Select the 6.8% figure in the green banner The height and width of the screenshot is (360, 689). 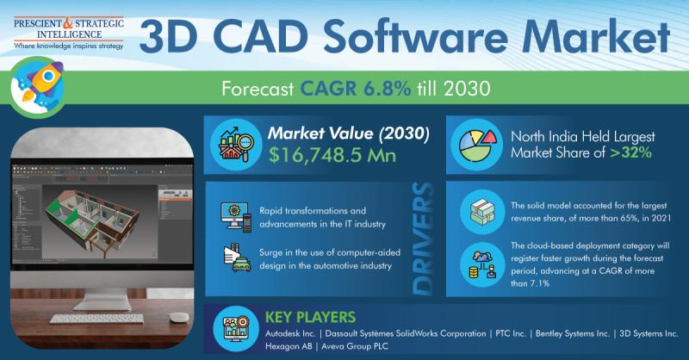(387, 89)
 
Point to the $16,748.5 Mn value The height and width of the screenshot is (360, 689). (332, 156)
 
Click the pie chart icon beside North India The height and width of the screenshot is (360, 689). (477, 146)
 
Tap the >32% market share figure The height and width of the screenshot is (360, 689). (630, 152)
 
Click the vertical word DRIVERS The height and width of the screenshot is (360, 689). (423, 239)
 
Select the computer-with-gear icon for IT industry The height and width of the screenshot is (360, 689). (236, 217)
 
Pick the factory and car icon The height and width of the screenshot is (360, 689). (237, 258)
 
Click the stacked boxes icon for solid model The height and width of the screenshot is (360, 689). (482, 212)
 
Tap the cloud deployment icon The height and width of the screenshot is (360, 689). (482, 264)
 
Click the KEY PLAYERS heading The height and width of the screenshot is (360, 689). (310, 317)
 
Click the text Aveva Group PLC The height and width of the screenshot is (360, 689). (355, 346)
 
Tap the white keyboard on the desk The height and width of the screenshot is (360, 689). (96, 319)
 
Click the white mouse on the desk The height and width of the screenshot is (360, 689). (179, 317)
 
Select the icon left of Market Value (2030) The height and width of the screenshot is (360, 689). (236, 145)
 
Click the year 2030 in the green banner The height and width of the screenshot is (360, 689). (467, 89)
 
